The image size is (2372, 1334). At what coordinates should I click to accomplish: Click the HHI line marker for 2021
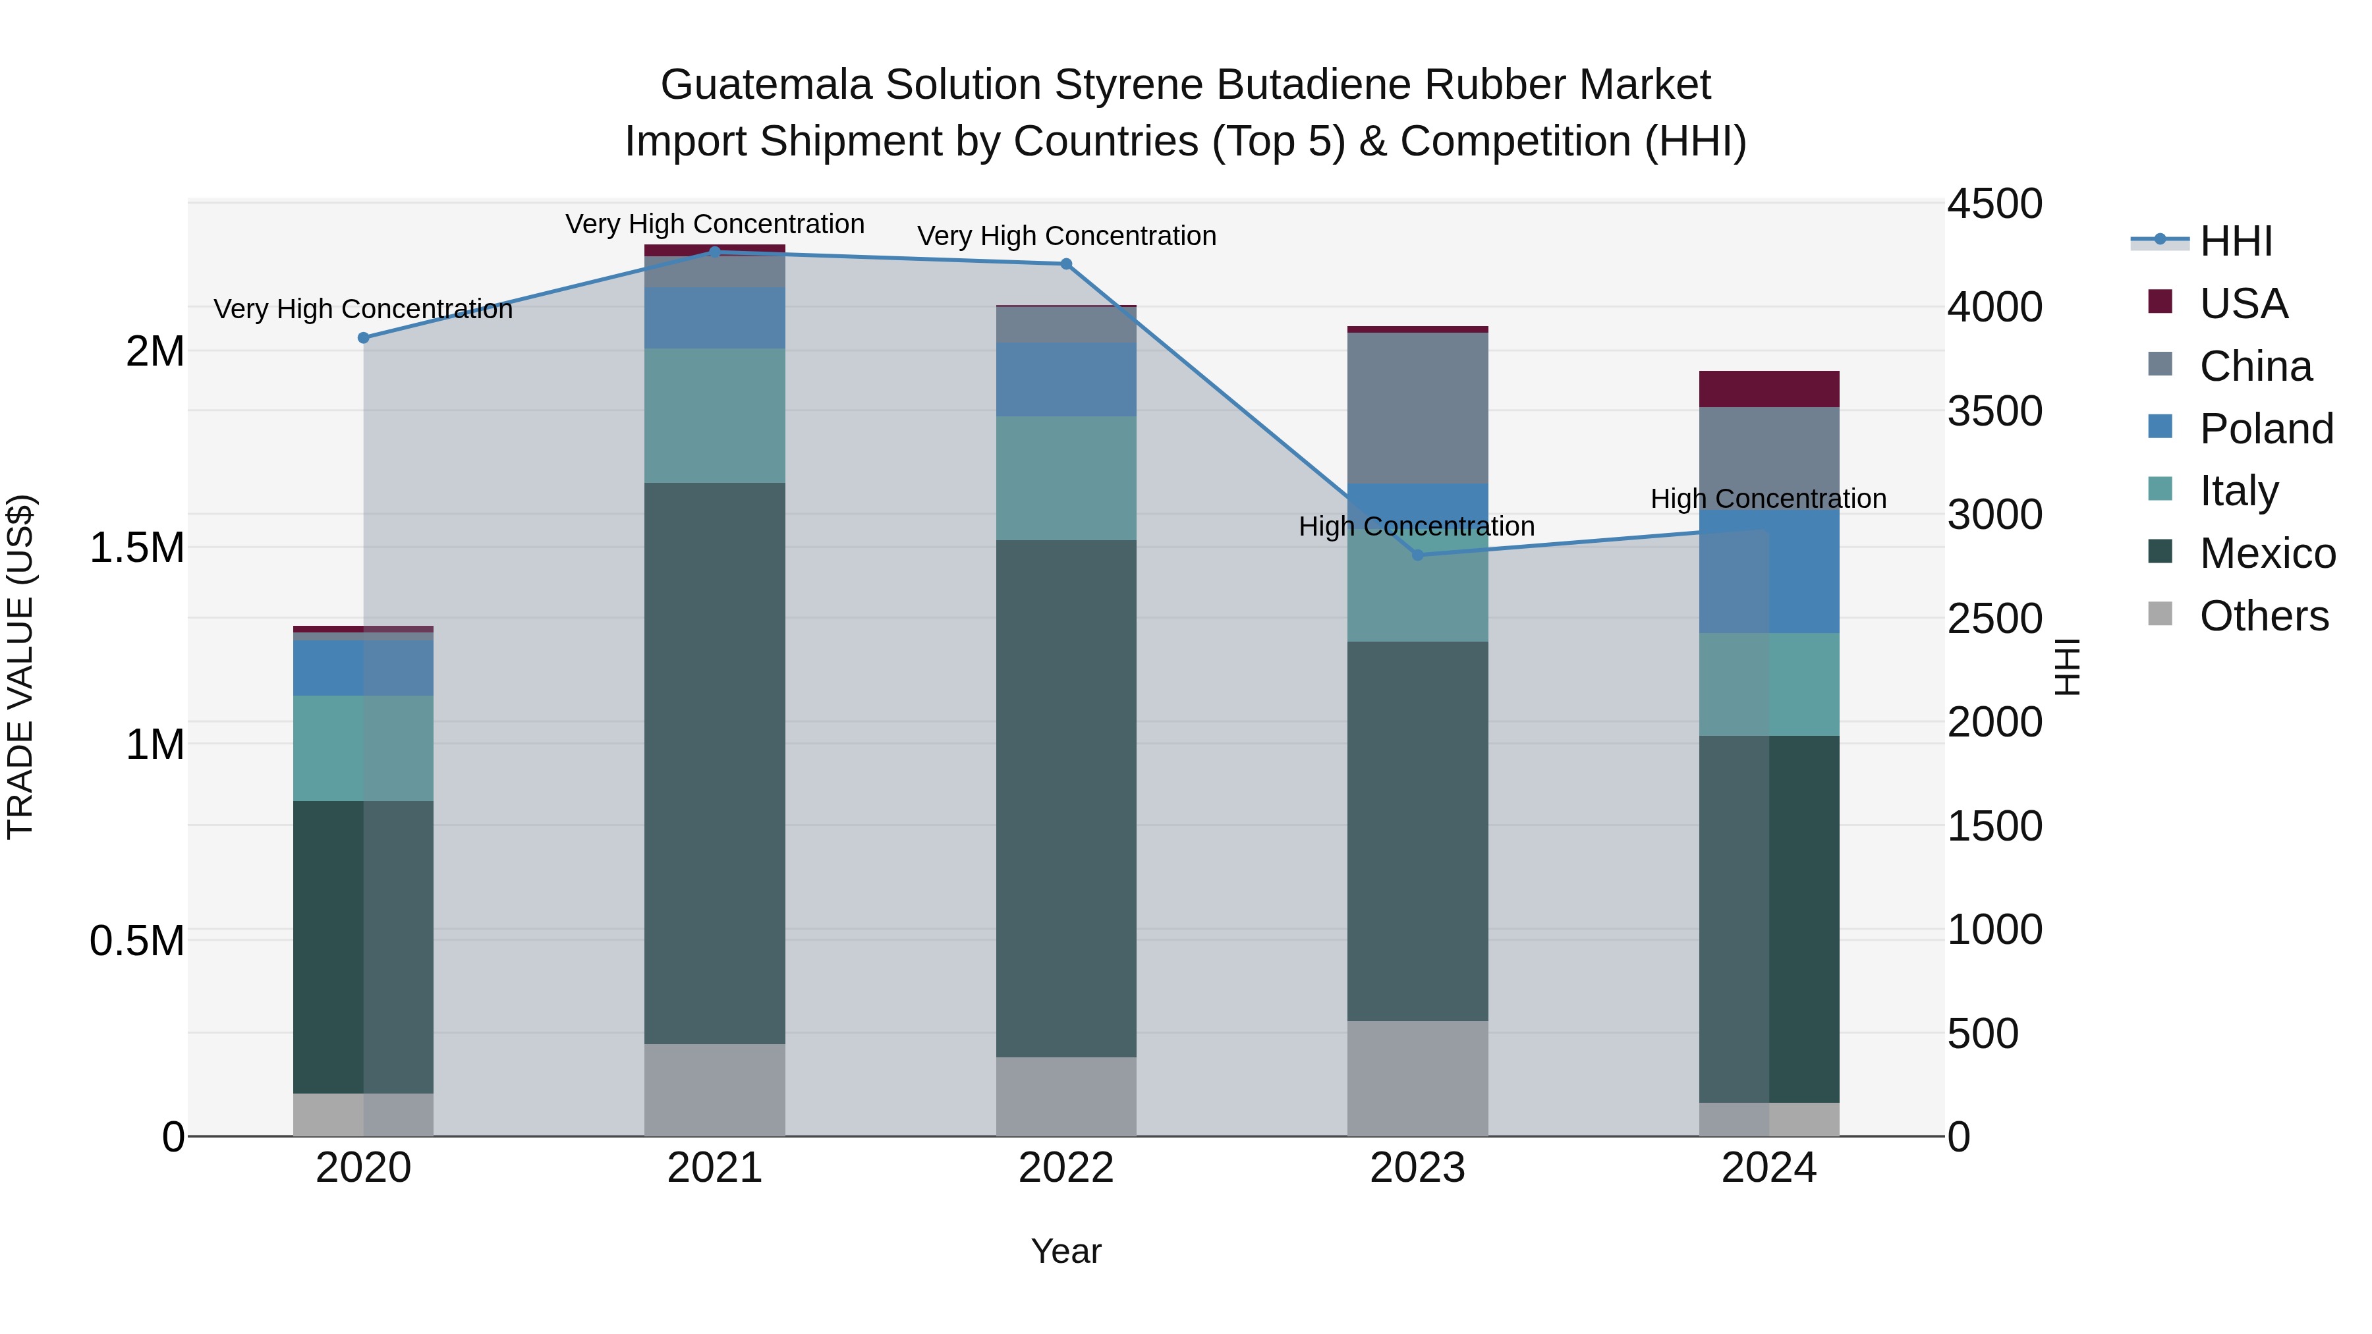(714, 252)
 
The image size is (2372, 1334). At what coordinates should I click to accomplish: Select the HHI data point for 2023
(1418, 555)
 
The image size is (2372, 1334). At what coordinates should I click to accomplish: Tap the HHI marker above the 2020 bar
(364, 338)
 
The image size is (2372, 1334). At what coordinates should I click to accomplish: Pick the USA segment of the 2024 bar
(1769, 389)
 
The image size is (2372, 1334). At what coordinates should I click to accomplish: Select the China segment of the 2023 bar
(1418, 408)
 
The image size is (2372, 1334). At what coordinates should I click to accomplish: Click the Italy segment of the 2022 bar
(1066, 478)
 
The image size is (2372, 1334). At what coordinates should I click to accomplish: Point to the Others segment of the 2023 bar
(1418, 1077)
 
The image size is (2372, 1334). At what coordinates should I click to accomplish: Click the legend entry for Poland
(2266, 429)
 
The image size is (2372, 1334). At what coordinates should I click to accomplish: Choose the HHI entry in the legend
(2236, 241)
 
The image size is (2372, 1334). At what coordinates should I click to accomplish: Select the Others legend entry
(2263, 616)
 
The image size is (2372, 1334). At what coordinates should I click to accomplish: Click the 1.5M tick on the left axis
(136, 548)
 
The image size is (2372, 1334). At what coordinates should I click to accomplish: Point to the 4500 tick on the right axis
(1994, 204)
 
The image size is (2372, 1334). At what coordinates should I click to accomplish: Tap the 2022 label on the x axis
(1066, 1168)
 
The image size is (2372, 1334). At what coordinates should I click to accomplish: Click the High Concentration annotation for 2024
(1768, 499)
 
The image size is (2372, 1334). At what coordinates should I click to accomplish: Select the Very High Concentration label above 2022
(1066, 236)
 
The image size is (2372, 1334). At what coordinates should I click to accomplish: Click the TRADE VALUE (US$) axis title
(20, 667)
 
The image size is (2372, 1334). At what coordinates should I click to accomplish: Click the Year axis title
(1066, 1251)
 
